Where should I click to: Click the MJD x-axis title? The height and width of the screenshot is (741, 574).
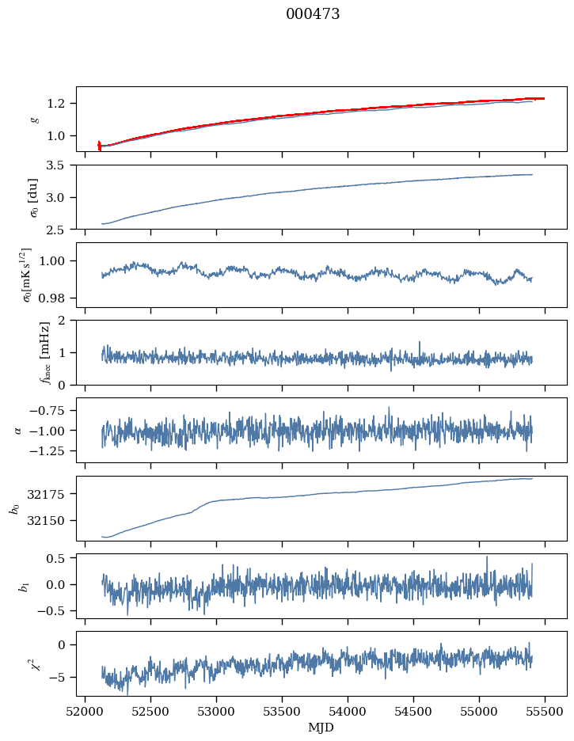pyautogui.click(x=321, y=727)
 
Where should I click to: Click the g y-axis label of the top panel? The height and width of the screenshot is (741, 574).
pyautogui.click(x=34, y=119)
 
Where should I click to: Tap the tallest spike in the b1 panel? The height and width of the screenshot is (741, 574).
pyautogui.click(x=487, y=557)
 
